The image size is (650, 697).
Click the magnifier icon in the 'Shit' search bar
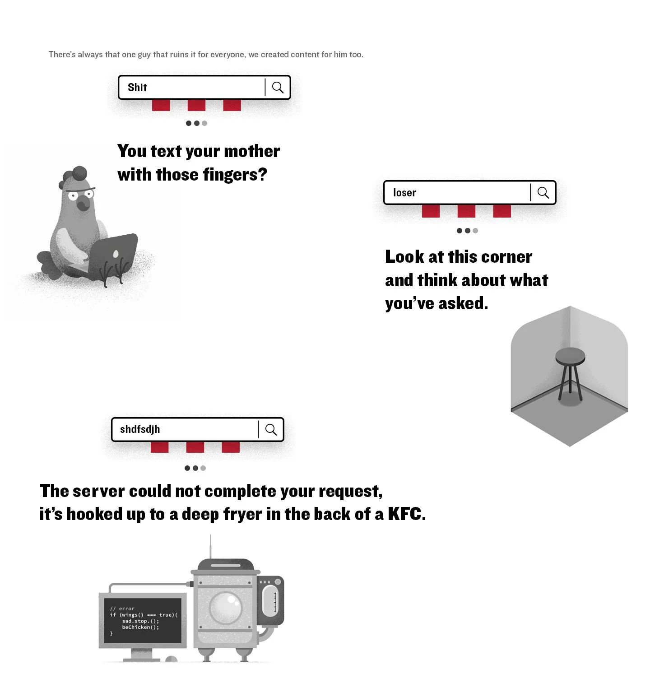tap(278, 87)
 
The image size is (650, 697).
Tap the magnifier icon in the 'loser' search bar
tap(543, 193)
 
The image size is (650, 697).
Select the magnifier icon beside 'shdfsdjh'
tap(271, 429)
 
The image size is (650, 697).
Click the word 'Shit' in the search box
tap(137, 88)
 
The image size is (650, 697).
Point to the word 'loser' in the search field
tap(404, 193)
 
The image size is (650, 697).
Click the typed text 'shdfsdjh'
tap(140, 429)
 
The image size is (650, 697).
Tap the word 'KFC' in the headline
tap(405, 514)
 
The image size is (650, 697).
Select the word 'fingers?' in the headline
tap(235, 175)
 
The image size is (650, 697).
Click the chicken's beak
tap(84, 204)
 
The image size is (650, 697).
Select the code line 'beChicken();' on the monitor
tap(140, 627)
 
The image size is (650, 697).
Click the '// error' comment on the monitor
tap(122, 609)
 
